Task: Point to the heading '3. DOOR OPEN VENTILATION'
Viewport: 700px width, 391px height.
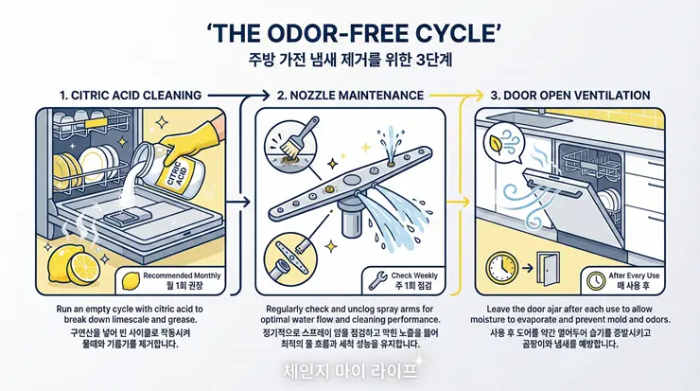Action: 569,96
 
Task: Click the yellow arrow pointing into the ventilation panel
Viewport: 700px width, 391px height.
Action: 461,201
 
